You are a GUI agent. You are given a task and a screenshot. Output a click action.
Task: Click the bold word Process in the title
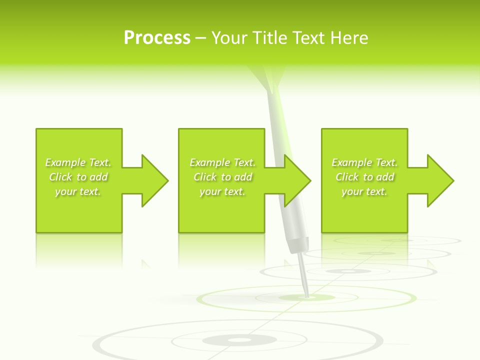click(157, 38)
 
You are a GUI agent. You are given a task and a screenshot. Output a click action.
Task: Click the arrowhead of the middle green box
click(296, 180)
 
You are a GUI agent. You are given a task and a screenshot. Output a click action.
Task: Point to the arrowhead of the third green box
click(439, 180)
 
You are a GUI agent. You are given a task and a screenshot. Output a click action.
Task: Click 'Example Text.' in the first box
click(78, 162)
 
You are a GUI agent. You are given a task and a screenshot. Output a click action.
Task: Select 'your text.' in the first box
click(78, 191)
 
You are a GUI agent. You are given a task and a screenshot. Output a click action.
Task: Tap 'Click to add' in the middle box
click(222, 177)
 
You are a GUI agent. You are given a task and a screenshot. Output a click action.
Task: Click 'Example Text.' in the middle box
click(222, 162)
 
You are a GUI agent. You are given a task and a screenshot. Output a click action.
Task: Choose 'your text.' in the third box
click(364, 191)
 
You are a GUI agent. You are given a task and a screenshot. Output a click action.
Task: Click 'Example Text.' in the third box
click(364, 162)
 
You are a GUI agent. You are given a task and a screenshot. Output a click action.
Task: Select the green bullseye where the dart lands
click(306, 298)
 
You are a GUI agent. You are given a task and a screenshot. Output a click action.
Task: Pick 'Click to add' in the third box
click(364, 177)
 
